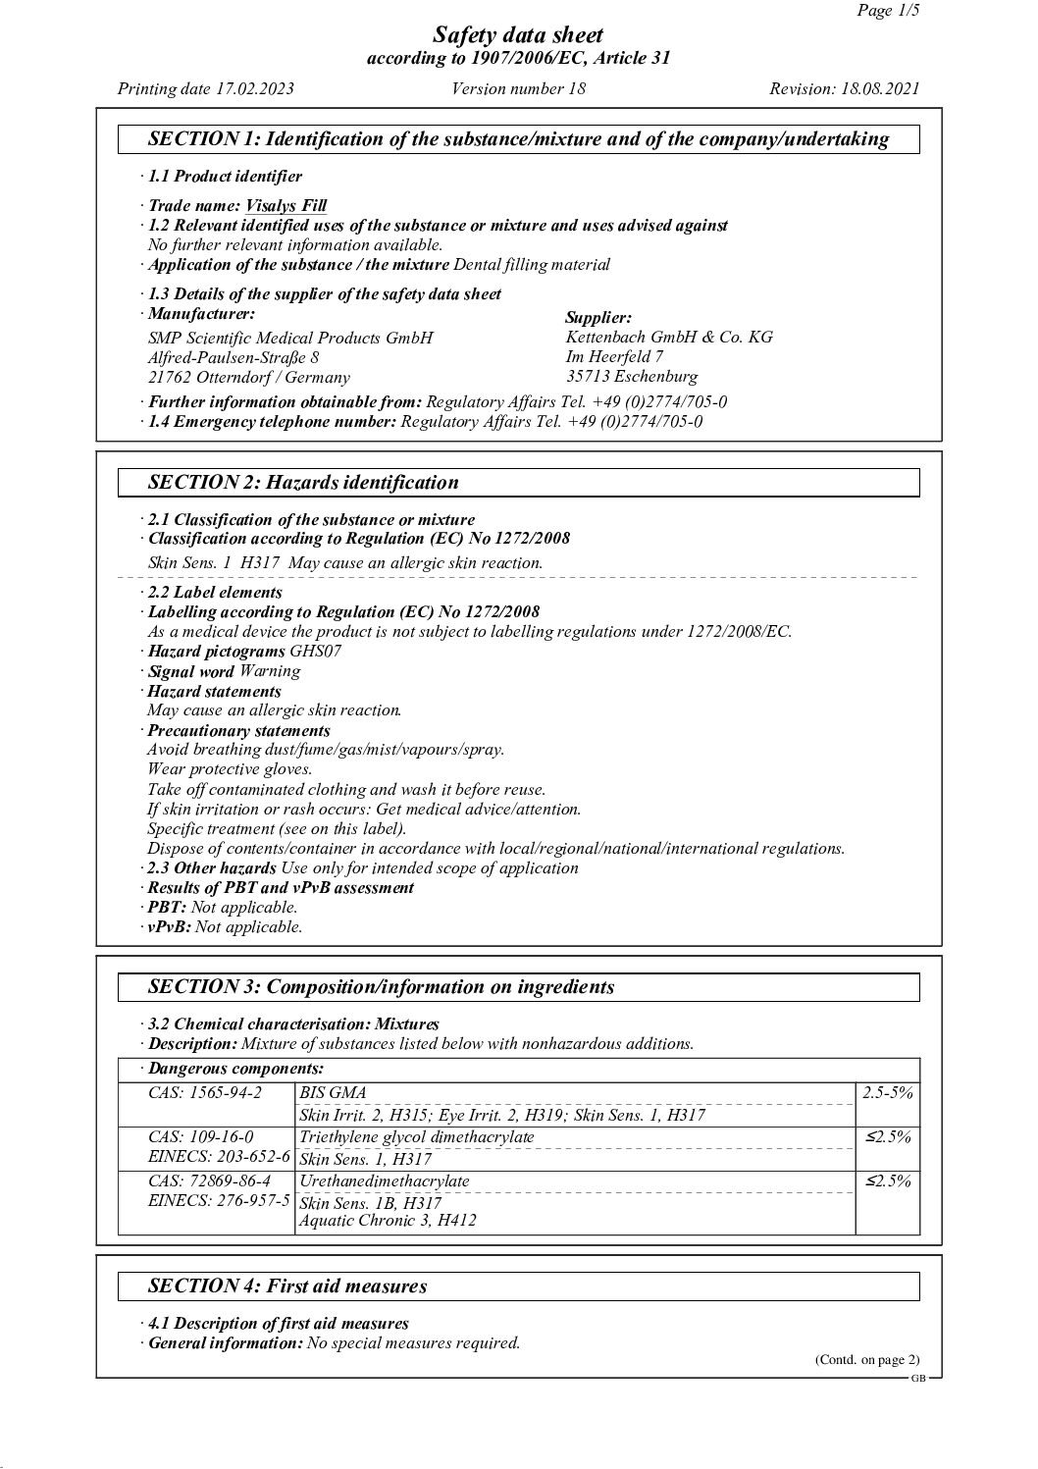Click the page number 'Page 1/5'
886,11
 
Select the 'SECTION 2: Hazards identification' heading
302,483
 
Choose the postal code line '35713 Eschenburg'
632,377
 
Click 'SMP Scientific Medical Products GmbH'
289,339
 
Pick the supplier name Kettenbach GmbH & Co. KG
669,338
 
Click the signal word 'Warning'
270,672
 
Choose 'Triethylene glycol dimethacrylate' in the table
416,1137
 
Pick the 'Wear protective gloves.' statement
230,770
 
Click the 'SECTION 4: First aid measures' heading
286,1286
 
